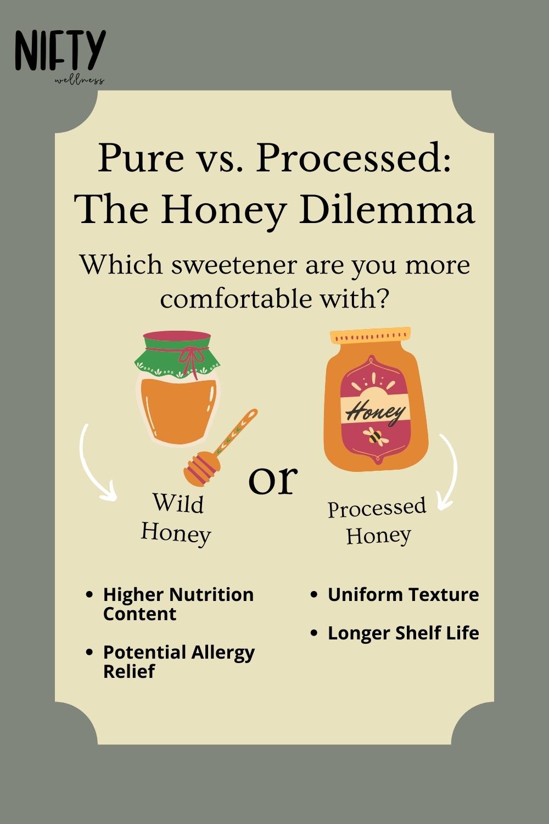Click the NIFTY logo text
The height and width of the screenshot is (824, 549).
(x=60, y=50)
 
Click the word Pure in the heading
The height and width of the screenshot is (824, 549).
(x=141, y=158)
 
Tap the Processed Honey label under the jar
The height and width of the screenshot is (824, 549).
(x=377, y=521)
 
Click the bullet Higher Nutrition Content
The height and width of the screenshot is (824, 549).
(x=178, y=604)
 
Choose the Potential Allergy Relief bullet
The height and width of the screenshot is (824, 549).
(x=178, y=661)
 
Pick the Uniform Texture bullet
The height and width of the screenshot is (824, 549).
(x=402, y=594)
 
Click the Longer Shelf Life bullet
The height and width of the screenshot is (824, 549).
(x=402, y=633)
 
